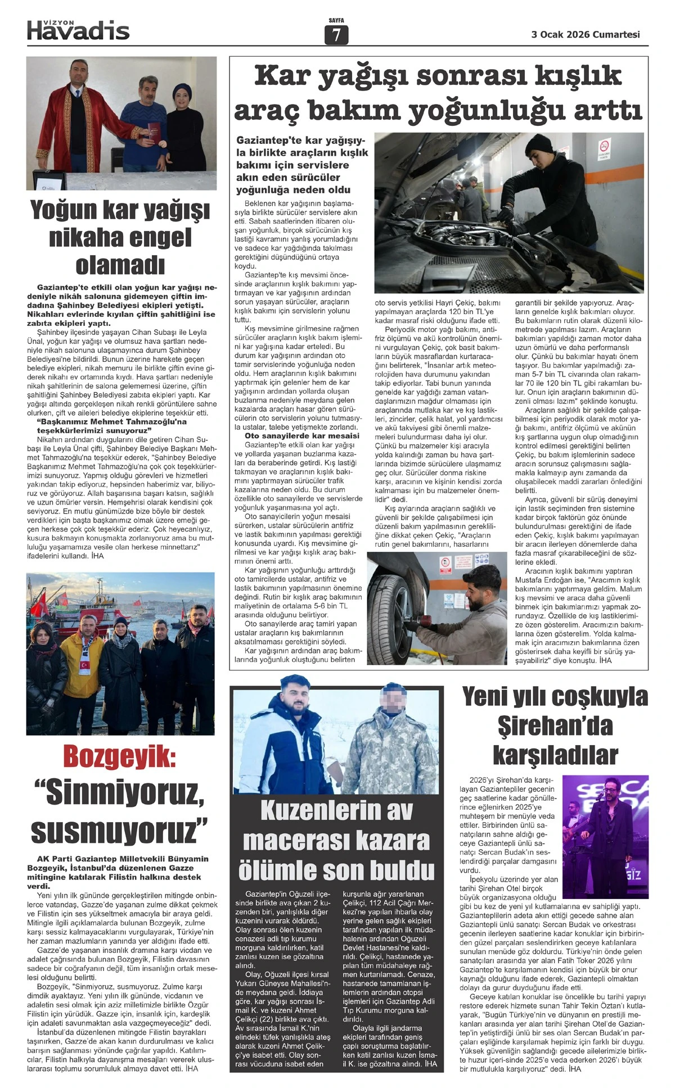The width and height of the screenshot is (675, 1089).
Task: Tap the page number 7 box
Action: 336,35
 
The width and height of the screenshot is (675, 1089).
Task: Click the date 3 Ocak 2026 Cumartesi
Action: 586,34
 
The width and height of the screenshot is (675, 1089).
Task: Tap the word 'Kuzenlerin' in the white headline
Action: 336,810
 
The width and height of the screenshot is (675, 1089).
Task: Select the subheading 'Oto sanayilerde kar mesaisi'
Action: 301,435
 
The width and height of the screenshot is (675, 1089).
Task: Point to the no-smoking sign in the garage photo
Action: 604,151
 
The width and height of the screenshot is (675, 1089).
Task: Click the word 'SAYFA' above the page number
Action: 336,20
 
